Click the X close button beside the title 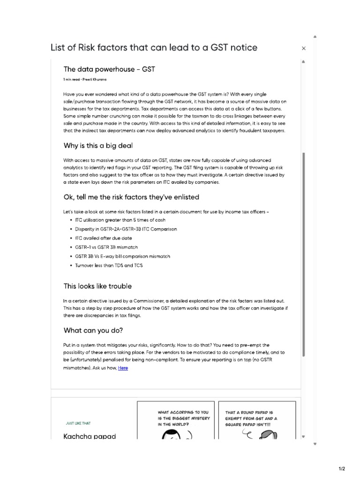tap(304, 48)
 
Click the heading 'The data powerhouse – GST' tap(109, 69)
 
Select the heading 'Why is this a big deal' tap(95, 145)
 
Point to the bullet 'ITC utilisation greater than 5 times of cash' tap(120, 220)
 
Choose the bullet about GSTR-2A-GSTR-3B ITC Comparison tap(126, 229)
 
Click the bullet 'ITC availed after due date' tap(100, 238)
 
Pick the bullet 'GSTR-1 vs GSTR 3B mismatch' tap(106, 247)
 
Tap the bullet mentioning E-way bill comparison tap(122, 256)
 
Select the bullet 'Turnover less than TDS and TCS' tap(109, 265)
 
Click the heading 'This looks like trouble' tap(97, 286)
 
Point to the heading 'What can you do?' tap(93, 330)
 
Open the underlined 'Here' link tap(123, 368)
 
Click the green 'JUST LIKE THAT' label tap(78, 423)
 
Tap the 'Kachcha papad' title tap(90, 436)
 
